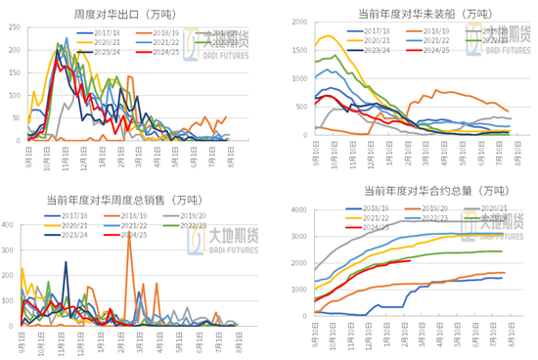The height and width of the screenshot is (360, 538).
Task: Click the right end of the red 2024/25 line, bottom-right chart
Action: click(x=409, y=260)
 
